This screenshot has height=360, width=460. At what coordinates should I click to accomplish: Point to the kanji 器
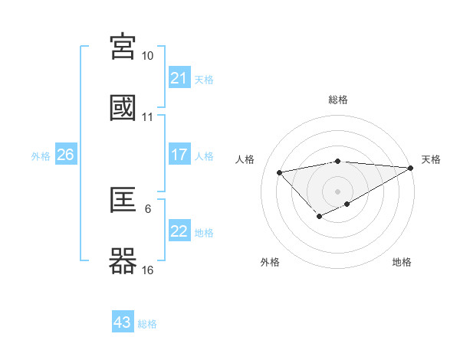point(123,262)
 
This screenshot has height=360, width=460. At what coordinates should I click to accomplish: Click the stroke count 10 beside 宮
point(148,56)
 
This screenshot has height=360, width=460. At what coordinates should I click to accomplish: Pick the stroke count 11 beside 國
point(148,117)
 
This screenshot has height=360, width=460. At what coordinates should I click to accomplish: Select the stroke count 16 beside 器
point(148,270)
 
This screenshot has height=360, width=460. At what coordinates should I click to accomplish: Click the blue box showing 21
point(179,78)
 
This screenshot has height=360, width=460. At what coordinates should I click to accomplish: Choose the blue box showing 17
point(179,155)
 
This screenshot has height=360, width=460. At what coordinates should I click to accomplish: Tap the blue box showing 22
point(179,231)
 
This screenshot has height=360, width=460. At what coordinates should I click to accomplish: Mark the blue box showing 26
point(66,155)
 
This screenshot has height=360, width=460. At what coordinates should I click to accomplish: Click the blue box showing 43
point(123,322)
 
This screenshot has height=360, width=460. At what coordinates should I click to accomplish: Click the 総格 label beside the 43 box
point(148,324)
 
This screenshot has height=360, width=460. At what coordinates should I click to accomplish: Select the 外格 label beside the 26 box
point(41,156)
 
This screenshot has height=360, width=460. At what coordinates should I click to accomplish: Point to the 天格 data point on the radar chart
point(412,169)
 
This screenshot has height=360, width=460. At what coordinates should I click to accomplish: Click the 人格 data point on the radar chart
point(279,172)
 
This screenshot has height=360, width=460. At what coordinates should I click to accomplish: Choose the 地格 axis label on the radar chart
point(402,263)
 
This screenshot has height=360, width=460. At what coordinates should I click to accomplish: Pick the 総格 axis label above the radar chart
point(338,100)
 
